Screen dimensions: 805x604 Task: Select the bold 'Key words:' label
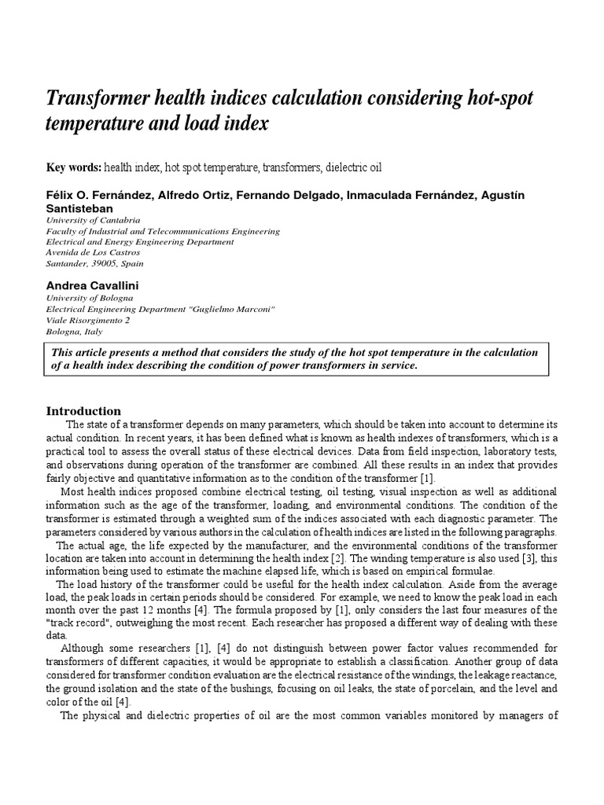point(75,167)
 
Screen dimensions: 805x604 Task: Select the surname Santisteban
point(80,208)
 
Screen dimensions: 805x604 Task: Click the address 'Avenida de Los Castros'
point(94,252)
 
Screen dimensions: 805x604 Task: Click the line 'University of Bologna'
point(90,299)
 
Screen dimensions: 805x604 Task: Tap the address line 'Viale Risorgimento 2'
point(88,321)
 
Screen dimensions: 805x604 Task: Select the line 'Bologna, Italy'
point(76,332)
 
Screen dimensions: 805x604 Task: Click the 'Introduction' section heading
point(83,411)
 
